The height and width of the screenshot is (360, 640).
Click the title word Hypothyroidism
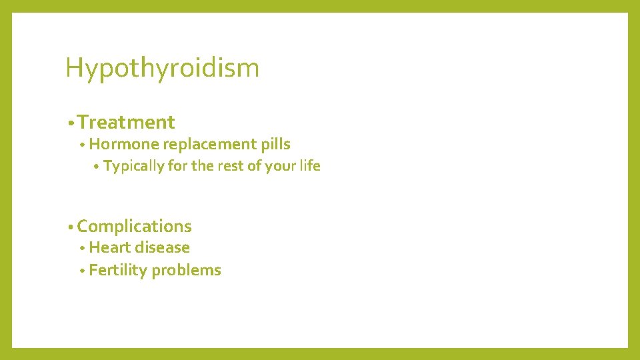click(162, 68)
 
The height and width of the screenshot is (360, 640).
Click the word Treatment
click(126, 122)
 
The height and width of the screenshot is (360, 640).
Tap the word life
click(310, 166)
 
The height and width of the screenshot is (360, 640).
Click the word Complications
click(134, 227)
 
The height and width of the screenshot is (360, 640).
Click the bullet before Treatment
click(70, 123)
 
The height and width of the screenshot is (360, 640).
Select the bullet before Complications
click(70, 227)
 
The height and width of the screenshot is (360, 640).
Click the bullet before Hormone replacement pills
click(82, 145)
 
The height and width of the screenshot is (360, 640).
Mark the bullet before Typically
click(97, 167)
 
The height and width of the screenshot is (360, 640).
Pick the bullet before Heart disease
click(82, 248)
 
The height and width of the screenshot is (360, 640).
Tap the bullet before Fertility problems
click(82, 271)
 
